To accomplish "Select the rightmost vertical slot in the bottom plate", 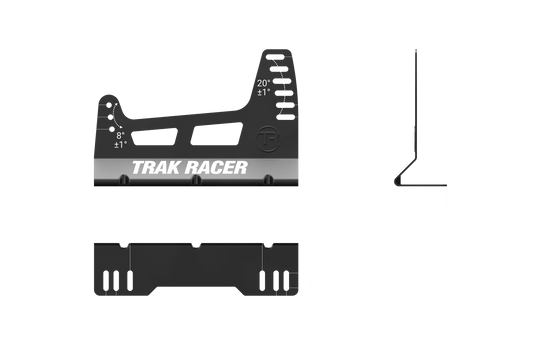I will click(x=288, y=277).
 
